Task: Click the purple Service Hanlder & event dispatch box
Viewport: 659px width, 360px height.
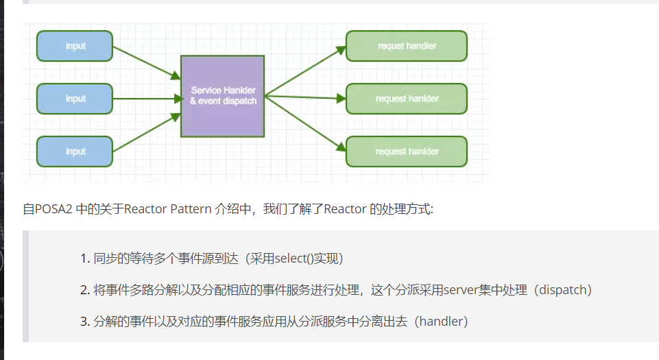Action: [x=222, y=96]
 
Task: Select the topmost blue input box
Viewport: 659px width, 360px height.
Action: [x=75, y=46]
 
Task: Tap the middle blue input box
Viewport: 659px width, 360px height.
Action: [x=75, y=99]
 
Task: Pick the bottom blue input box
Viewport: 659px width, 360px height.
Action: [x=75, y=152]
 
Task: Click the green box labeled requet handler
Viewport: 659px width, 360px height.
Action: [x=407, y=46]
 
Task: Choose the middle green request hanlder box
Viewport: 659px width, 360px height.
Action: [x=407, y=99]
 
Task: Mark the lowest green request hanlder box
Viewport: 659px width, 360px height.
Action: [x=407, y=152]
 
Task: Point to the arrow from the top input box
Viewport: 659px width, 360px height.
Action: [x=145, y=62]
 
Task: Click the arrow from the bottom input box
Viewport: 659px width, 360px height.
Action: [x=145, y=133]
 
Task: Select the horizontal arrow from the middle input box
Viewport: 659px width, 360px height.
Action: [x=145, y=99]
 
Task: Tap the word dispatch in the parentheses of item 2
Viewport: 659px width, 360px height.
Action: [x=562, y=290]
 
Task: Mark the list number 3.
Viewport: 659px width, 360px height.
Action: [x=84, y=322]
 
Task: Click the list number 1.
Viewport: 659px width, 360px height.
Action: [x=84, y=259]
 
